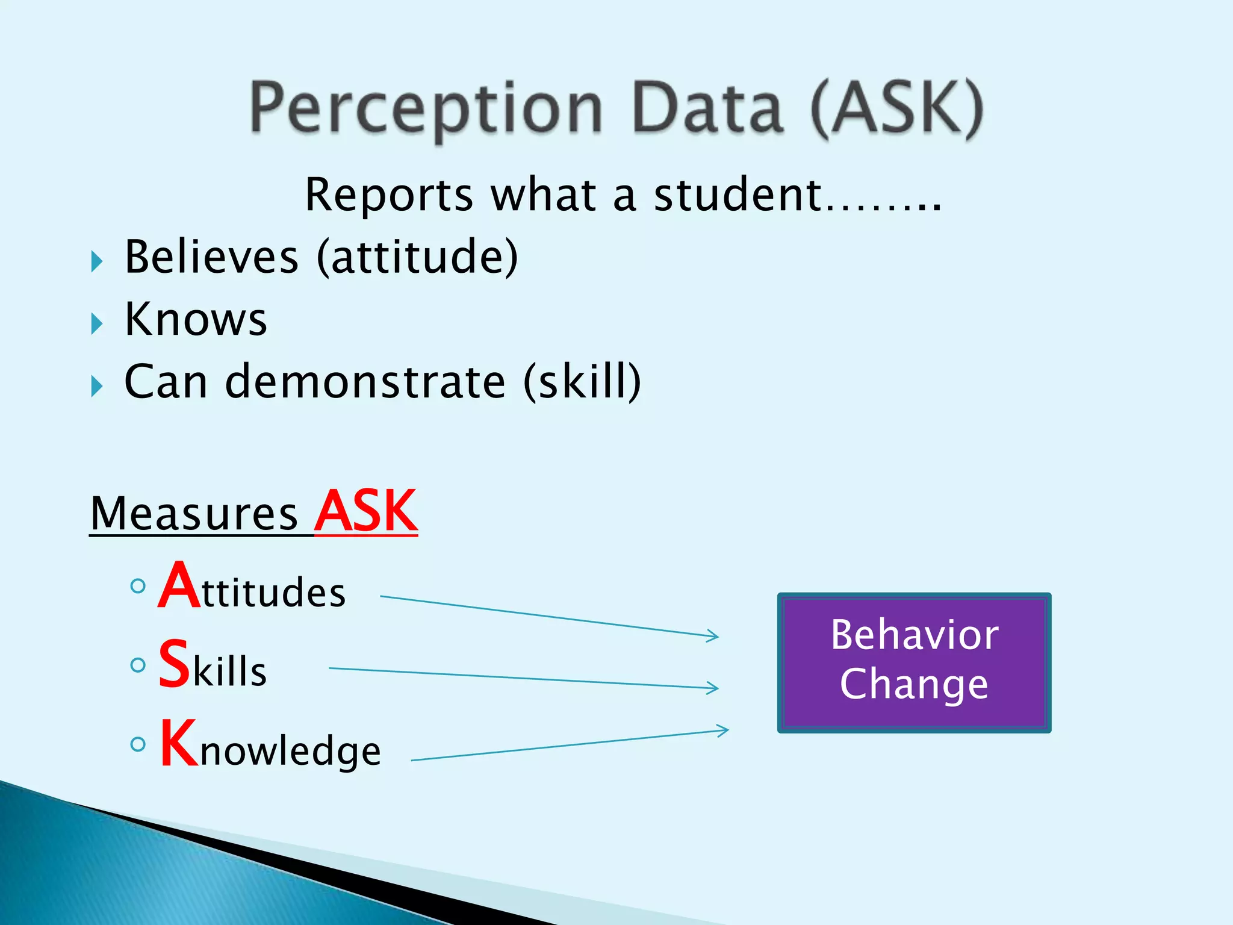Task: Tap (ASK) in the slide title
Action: coord(896,108)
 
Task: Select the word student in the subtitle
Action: coord(738,195)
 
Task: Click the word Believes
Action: coord(211,257)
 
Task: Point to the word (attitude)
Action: coord(417,257)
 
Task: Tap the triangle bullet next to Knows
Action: coord(97,324)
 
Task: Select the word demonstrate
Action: coord(365,382)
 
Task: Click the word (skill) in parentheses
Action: coord(582,382)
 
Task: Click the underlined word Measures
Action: coord(194,514)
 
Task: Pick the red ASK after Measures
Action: coord(366,512)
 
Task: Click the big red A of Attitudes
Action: coord(179,586)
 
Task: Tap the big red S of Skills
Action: coord(174,664)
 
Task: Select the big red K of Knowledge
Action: coord(179,744)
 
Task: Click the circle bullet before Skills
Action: coord(138,665)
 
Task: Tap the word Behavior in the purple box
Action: coord(914,635)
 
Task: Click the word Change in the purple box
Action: coord(914,684)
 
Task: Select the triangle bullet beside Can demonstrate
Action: coord(97,386)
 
